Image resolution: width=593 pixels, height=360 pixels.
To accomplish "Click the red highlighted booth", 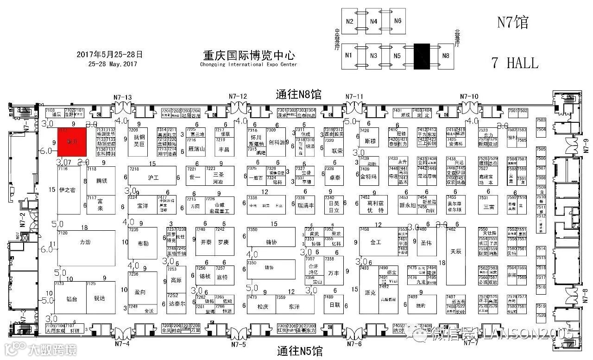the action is point(72,142).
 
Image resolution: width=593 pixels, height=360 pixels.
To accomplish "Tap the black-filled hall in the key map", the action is point(422,57).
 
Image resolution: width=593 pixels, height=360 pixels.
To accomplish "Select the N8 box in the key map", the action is point(446,56).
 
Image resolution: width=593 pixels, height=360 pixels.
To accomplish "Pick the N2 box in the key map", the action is point(350,22).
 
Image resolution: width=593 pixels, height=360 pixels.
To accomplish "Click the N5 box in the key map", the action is point(397,56).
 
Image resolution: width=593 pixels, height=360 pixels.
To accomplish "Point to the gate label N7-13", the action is point(123,97).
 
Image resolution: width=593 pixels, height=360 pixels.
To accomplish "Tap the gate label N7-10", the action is point(469,96).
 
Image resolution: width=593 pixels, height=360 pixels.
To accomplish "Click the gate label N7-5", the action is point(238,343).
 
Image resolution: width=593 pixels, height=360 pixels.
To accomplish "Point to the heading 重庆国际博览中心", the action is point(249,56).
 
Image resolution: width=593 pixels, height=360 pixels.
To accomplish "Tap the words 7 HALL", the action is point(515,63).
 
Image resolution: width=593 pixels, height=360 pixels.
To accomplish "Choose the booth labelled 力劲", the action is point(85,242).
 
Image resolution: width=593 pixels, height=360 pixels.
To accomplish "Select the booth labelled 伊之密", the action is point(67,190).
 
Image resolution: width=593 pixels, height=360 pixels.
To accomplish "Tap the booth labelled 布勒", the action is point(144,243).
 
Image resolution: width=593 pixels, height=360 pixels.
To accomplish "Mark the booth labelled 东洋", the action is point(294,306).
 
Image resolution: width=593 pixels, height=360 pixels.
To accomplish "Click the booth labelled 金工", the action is point(375,242).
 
